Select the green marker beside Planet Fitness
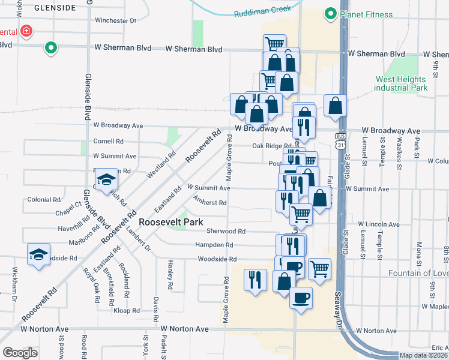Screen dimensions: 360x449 pos(330,14)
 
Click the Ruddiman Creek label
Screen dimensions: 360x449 pos(262,11)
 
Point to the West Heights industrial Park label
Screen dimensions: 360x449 pos(401,83)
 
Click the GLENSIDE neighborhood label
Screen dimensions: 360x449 pos(55,8)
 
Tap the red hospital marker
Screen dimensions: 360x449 pos(26,31)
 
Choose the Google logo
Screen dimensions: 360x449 pos(20,353)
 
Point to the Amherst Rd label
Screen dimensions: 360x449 pos(209,202)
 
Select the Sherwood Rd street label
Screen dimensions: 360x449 pos(226,231)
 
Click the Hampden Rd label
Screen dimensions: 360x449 pos(214,245)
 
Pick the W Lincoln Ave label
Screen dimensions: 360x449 pos(378,223)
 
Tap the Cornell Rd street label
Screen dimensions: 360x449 pos(108,142)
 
